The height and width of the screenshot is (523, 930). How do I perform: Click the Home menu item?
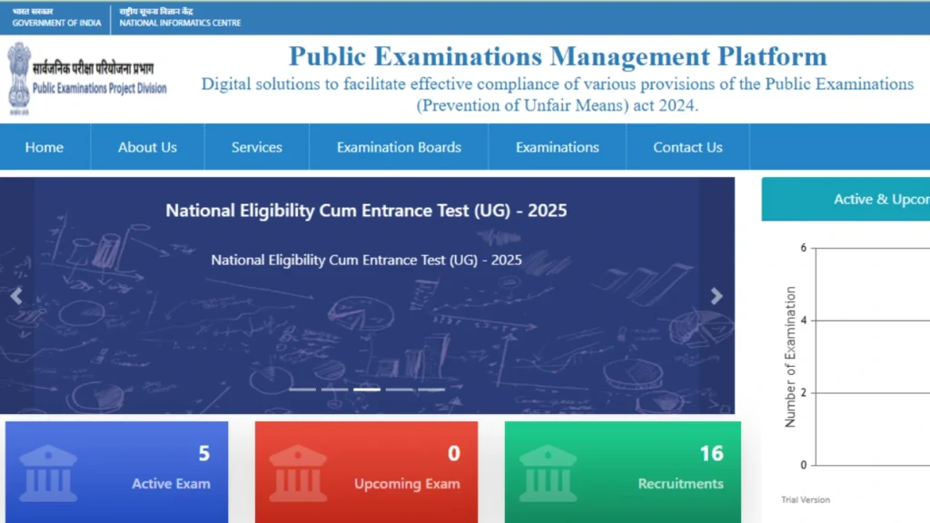tap(45, 147)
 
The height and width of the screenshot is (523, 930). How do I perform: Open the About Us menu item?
tap(147, 147)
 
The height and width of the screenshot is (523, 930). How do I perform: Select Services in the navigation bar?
tap(257, 147)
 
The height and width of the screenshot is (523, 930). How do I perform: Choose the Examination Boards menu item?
tap(399, 147)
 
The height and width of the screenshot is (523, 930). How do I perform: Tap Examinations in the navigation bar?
tap(558, 147)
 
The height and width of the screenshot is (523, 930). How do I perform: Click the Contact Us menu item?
tap(688, 147)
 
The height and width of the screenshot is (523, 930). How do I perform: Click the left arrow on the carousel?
tap(15, 296)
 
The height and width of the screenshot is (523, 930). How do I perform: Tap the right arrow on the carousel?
tap(717, 296)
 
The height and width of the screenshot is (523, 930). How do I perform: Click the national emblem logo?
tap(19, 76)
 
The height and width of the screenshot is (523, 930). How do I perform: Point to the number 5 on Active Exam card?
tap(204, 453)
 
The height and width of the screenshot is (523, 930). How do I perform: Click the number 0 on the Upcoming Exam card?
tap(454, 453)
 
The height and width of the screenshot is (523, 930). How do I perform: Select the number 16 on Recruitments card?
tap(711, 453)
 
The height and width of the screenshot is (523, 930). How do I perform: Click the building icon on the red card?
tap(297, 472)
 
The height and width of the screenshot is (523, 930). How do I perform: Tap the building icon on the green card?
tap(548, 472)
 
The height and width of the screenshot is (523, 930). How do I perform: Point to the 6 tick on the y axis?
tap(803, 248)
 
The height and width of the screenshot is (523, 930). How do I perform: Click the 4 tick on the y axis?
tap(803, 321)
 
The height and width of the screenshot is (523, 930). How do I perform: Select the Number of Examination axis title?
tap(790, 357)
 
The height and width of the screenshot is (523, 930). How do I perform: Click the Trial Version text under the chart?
tap(806, 500)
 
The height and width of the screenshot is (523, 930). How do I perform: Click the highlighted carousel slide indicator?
tap(367, 390)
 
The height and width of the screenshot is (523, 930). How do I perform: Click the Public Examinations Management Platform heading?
tap(558, 56)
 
